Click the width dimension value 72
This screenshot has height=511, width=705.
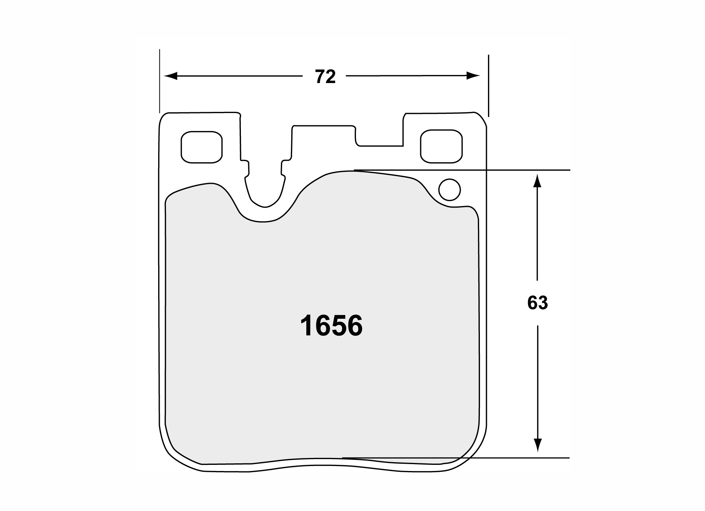click(326, 77)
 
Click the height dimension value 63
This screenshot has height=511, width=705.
click(537, 303)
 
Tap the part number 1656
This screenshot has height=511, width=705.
click(331, 326)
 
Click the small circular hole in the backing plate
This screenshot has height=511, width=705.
click(449, 190)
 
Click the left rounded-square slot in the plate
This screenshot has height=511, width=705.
click(201, 147)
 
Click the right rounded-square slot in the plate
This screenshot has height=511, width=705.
click(441, 146)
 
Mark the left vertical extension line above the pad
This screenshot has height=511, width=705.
click(159, 81)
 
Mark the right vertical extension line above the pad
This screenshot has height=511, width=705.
click(488, 85)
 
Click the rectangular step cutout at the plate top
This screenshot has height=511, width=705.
click(379, 136)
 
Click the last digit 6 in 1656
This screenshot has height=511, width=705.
click(354, 326)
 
